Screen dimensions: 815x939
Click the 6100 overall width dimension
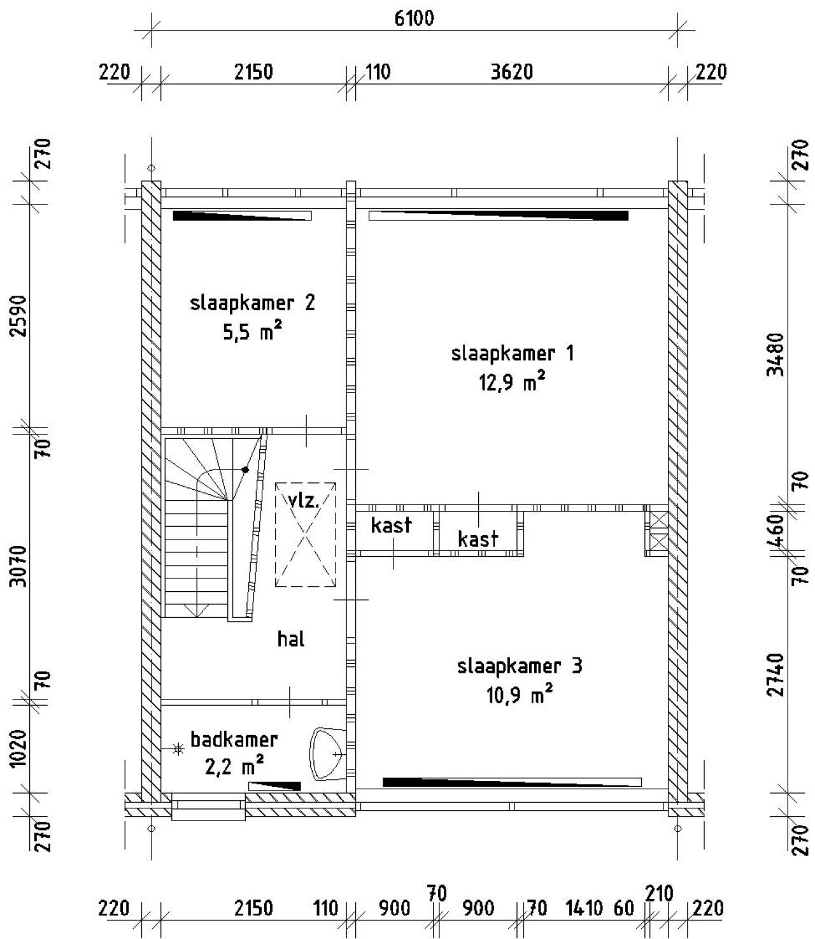coord(414,18)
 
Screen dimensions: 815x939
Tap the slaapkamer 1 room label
coord(513,354)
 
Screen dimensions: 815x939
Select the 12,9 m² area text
coord(513,381)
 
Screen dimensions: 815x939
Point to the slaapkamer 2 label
coord(252,303)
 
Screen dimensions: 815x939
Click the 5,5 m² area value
coord(252,331)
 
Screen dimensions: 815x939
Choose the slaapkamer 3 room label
coord(520,666)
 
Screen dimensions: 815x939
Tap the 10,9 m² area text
coord(519,694)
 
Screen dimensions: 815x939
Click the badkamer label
coord(234,740)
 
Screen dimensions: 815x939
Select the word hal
coord(291,638)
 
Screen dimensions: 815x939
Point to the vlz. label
coord(304,500)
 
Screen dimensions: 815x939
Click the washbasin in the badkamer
coord(327,754)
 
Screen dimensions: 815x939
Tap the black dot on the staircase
coord(245,470)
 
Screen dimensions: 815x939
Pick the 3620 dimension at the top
coord(512,72)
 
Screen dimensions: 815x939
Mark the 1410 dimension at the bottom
coord(584,908)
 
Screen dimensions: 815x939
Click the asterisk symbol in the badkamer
coord(178,749)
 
